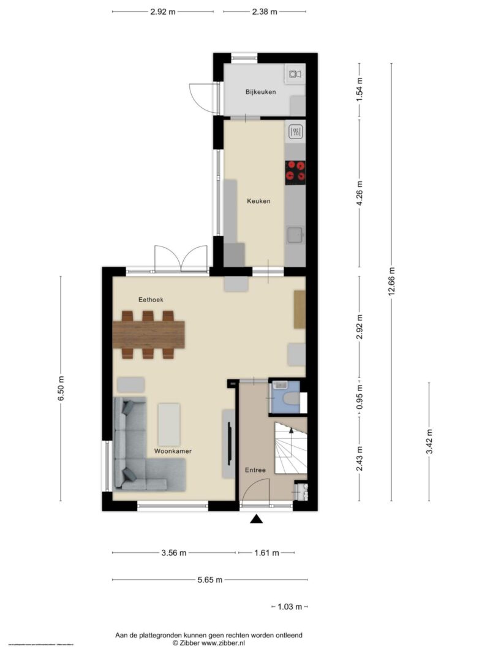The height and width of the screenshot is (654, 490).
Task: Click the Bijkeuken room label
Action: (260, 93)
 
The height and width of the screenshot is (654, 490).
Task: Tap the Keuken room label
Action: (258, 201)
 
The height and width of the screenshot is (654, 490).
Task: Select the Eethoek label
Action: (150, 299)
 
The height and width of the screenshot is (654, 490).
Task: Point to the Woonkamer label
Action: (173, 451)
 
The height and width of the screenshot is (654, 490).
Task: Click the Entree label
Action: (255, 470)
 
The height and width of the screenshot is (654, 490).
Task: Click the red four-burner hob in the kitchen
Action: (295, 172)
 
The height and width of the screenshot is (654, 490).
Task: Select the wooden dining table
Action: (149, 335)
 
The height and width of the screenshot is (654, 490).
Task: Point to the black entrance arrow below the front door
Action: (256, 520)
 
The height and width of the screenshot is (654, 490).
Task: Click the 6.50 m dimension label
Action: (61, 389)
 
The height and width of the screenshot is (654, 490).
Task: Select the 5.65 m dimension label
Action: (209, 580)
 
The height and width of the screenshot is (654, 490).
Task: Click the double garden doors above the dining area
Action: (181, 259)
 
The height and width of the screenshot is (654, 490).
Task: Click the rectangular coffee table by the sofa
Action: (169, 424)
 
